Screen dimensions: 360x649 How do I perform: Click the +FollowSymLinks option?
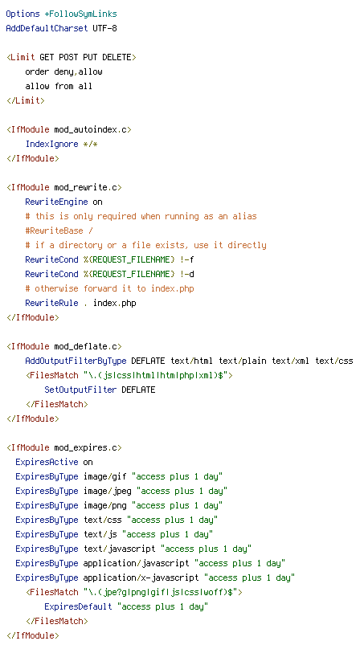81,14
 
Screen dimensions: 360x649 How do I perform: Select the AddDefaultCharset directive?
47,29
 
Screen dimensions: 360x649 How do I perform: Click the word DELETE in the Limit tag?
117,57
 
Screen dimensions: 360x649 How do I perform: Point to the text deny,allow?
78,72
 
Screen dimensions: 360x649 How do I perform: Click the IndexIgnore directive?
51,144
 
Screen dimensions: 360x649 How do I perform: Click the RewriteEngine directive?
56,202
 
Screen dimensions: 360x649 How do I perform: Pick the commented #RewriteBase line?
59,231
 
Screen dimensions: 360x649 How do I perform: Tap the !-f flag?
187,259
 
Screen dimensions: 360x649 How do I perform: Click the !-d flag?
187,274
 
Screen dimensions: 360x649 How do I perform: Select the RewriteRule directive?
51,303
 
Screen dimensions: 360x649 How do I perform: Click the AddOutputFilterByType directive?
76,361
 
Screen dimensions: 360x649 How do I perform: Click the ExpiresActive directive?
47,462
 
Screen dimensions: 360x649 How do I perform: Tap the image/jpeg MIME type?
110,491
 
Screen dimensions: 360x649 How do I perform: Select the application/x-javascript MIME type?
141,578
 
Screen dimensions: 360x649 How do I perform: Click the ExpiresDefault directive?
78,606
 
